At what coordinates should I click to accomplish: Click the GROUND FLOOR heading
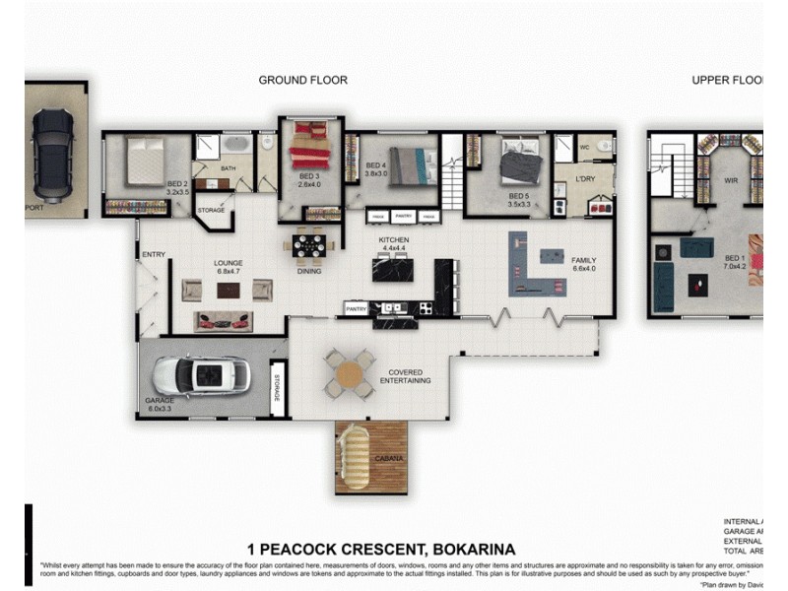click(x=302, y=80)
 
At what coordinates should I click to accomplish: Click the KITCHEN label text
click(x=394, y=239)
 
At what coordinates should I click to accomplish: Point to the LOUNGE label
click(x=229, y=263)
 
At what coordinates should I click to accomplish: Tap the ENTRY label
click(x=154, y=254)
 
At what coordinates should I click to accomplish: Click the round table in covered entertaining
click(x=350, y=373)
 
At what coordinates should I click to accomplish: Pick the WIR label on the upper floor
click(x=731, y=181)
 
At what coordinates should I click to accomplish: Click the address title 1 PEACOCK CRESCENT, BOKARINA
click(x=381, y=549)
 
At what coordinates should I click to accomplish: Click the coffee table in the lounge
click(x=229, y=290)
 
